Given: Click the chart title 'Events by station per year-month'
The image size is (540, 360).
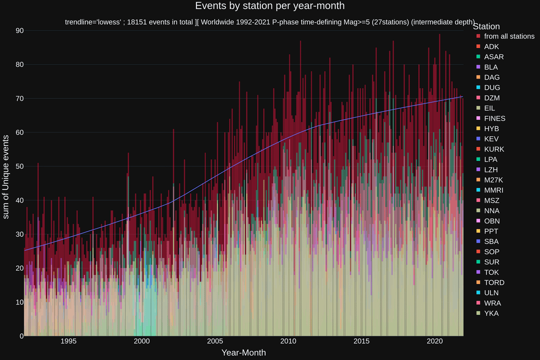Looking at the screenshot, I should [x=269, y=6].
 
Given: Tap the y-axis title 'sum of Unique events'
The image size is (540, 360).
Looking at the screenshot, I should [x=6, y=176].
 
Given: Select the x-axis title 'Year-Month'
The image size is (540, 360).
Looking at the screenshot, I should [x=243, y=352].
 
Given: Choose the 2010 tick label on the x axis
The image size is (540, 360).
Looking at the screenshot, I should [x=288, y=341].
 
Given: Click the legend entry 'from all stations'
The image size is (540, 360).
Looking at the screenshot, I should [x=509, y=36].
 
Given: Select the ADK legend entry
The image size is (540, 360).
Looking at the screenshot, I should [x=491, y=46].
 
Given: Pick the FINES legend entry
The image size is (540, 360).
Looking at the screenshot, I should [x=494, y=118].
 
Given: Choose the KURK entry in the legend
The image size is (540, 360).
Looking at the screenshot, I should [x=494, y=149].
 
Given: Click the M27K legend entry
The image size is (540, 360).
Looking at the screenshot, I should [x=493, y=180].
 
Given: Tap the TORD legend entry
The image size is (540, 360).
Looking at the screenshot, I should [x=494, y=282].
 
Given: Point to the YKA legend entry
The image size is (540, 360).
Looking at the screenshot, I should [x=491, y=313].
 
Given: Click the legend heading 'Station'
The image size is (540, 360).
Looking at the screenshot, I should [x=486, y=26].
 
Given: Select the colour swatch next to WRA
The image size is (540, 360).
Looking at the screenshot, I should [x=478, y=303].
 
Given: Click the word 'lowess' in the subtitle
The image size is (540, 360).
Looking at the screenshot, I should [x=109, y=22].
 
